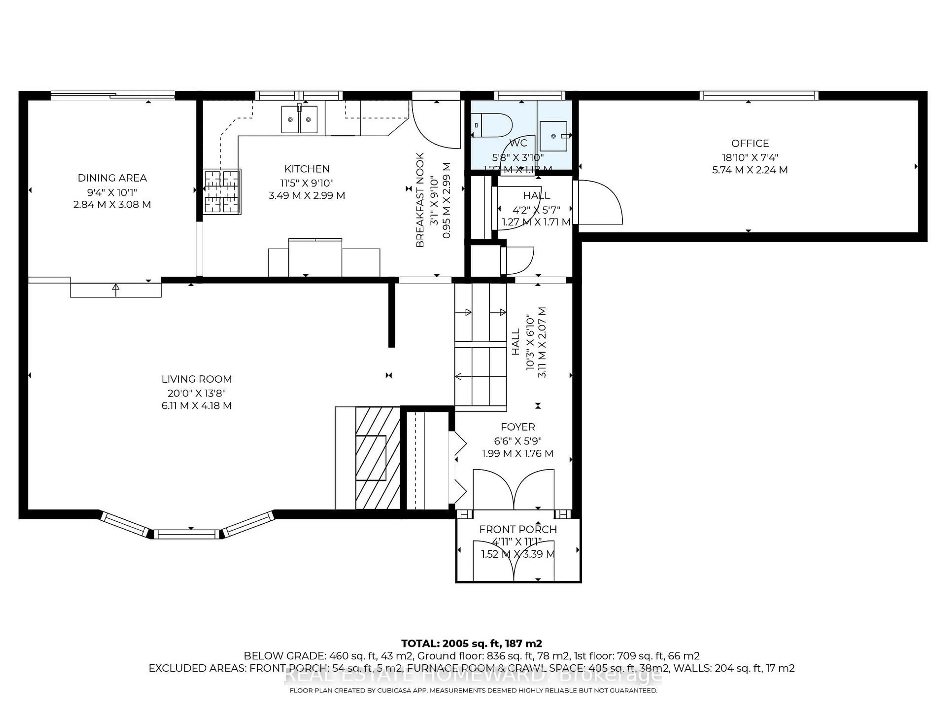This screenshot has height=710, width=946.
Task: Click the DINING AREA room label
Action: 112,178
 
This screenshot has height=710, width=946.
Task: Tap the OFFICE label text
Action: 750,143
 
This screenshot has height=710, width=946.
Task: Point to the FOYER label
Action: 518,427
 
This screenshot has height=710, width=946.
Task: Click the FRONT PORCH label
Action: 518,529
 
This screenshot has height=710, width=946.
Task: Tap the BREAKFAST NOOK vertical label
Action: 420,200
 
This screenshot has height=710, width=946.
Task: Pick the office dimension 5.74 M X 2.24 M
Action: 750,170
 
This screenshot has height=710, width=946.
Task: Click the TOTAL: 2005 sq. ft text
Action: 471,643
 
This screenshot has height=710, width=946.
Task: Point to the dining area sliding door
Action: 113,95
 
